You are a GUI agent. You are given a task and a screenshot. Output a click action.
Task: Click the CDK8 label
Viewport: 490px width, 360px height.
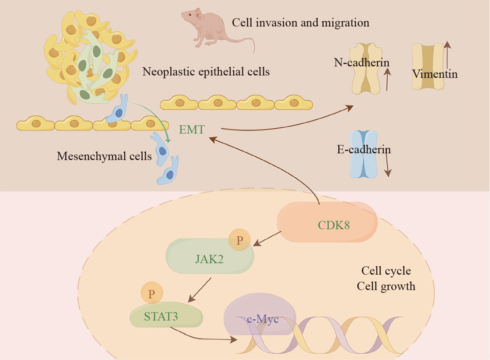coord(334,225)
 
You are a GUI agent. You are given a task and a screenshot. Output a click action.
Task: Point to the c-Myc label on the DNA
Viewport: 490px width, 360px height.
coord(263,319)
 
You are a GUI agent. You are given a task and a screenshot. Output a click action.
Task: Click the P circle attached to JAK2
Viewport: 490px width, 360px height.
coord(239,241)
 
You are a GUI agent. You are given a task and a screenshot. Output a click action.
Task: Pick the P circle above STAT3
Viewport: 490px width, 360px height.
coord(151,294)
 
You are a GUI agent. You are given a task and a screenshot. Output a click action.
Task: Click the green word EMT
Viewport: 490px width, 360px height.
coord(192,129)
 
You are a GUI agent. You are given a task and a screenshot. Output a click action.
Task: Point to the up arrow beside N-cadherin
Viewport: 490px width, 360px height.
coord(388,79)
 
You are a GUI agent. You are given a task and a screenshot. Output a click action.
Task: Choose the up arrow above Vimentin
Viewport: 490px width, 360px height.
coord(447,55)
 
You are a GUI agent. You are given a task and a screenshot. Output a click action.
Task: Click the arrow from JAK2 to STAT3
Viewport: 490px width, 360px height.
coord(200,290)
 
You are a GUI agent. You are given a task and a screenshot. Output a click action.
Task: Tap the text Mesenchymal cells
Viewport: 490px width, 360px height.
coord(104,156)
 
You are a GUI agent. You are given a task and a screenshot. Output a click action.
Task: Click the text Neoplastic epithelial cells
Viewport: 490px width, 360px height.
coord(206,72)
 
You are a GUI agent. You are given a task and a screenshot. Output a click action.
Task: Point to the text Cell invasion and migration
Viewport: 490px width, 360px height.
coord(301,23)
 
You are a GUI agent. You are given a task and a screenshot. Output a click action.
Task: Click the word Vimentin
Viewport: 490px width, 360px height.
coord(435,74)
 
